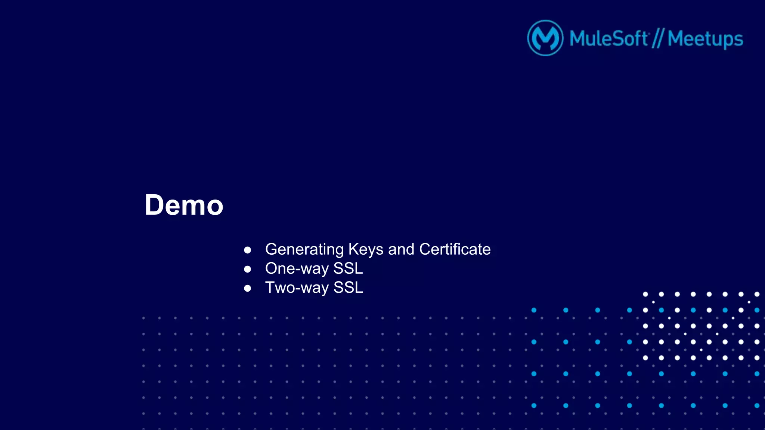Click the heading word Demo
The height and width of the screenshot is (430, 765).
[x=184, y=205]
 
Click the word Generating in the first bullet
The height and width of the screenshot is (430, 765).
[x=304, y=249]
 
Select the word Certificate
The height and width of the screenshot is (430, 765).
[x=455, y=249]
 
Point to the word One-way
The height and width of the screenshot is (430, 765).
[x=297, y=269]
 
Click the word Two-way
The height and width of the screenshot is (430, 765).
[x=297, y=288]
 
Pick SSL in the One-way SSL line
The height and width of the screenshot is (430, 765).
[x=348, y=269]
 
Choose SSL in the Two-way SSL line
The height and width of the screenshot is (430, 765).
[x=348, y=288]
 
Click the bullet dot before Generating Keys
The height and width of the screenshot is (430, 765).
[x=247, y=250]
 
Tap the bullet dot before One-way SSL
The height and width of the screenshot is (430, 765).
[x=247, y=269]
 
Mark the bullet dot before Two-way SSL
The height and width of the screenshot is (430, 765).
[x=247, y=288]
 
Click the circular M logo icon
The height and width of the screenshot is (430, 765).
[x=545, y=38]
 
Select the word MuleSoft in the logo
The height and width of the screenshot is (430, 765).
[x=608, y=38]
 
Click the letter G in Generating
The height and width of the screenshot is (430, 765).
[x=272, y=249]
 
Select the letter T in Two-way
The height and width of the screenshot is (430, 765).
[x=270, y=288]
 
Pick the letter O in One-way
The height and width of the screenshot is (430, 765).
[x=272, y=269]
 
